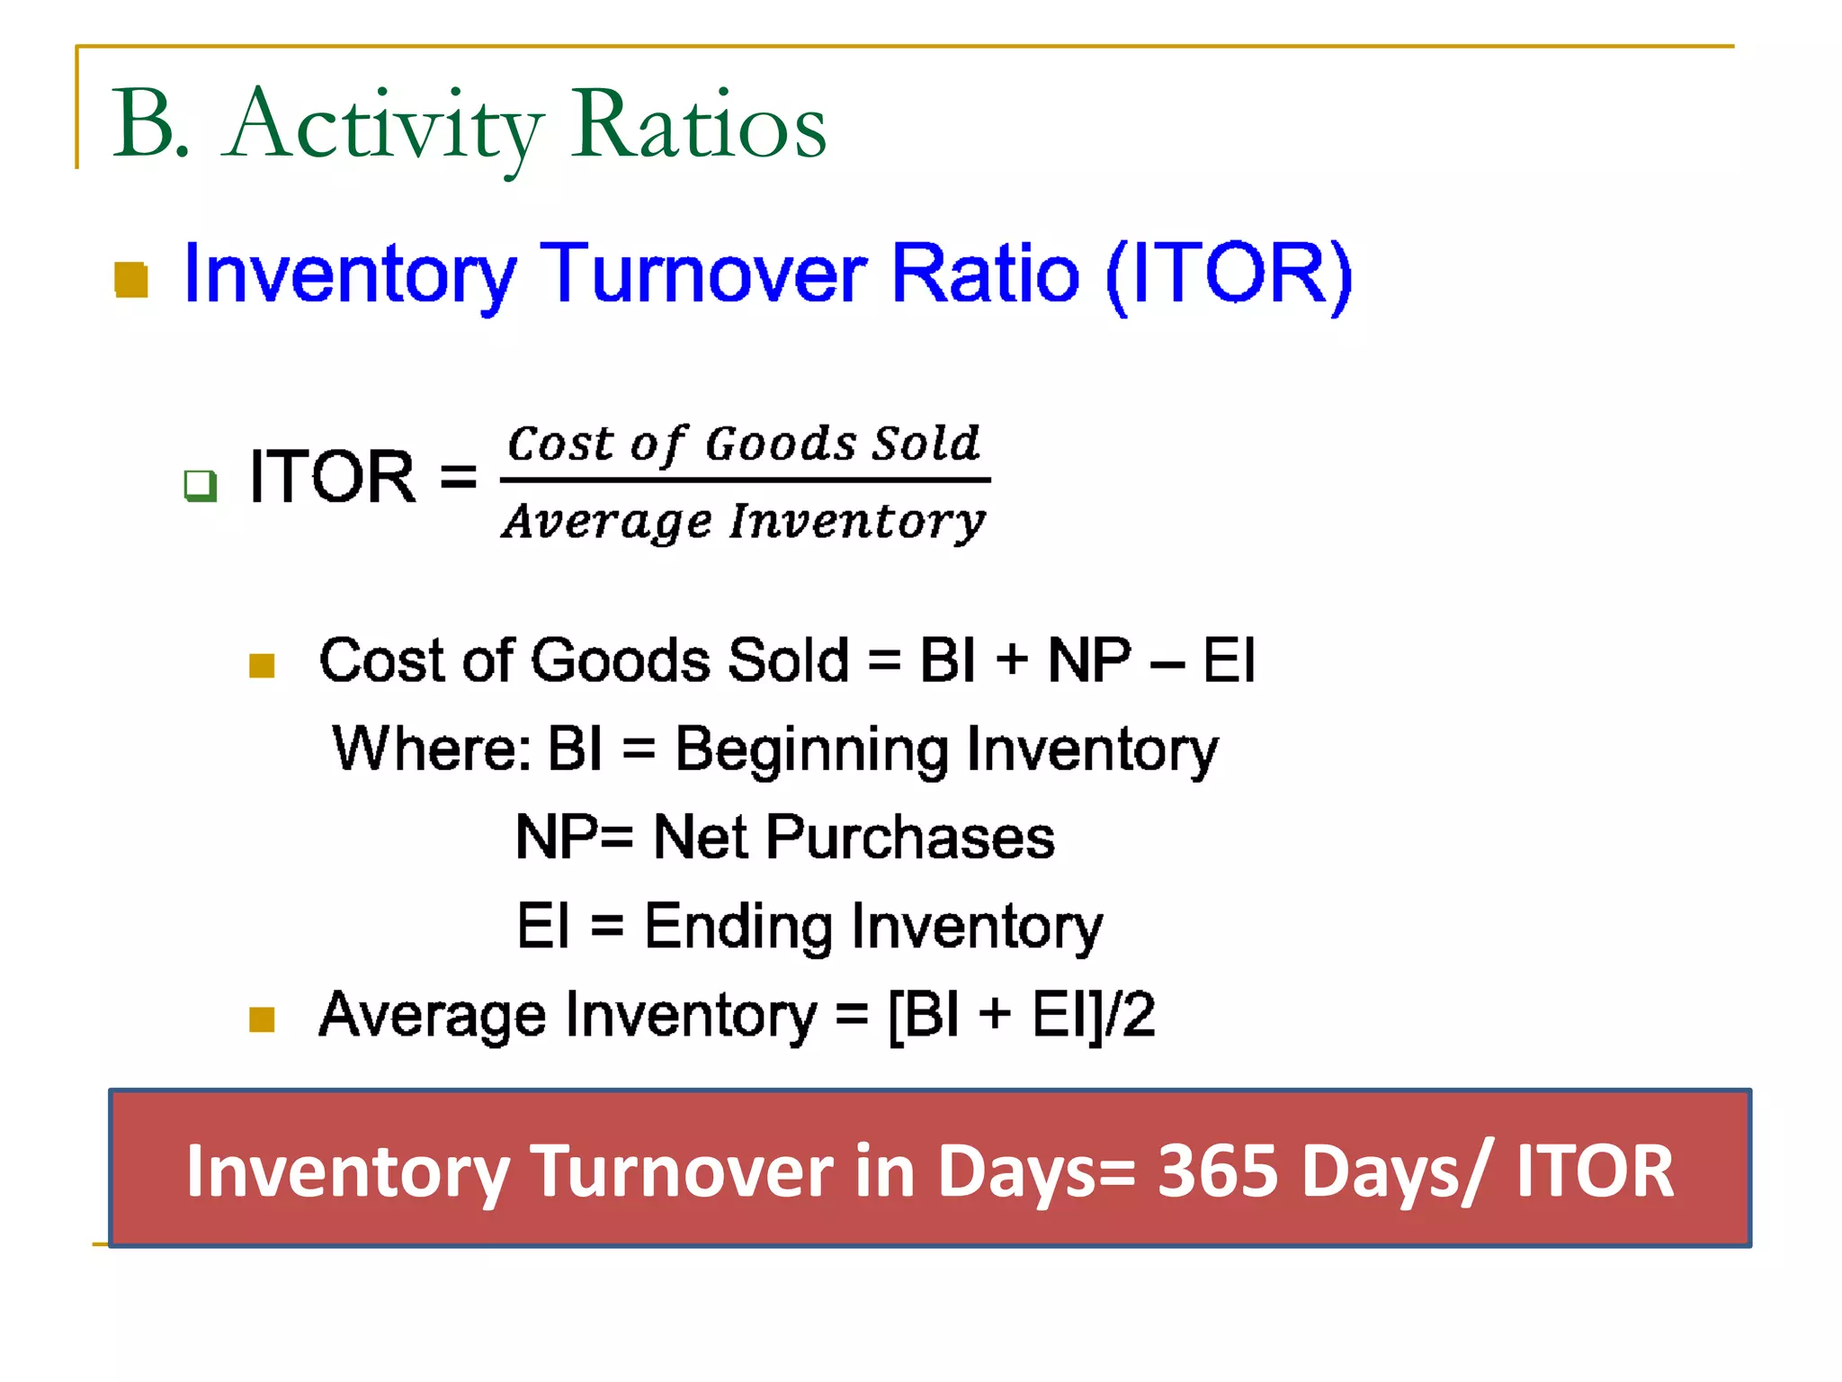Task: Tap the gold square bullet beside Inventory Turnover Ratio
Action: (131, 280)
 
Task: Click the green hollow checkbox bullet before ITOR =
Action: (200, 485)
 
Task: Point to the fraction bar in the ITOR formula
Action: (745, 480)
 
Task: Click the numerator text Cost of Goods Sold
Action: (743, 444)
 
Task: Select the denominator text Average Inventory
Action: (743, 521)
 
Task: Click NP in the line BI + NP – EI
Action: (1089, 660)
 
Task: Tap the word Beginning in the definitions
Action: (811, 749)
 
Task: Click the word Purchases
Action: (910, 838)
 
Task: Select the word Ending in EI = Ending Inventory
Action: (738, 927)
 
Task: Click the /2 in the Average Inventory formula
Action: (1130, 1015)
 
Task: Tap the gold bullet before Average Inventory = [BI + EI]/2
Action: (262, 1020)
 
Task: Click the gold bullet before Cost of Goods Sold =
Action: (262, 666)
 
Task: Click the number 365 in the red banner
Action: (1217, 1171)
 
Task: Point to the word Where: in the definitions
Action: (431, 749)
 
